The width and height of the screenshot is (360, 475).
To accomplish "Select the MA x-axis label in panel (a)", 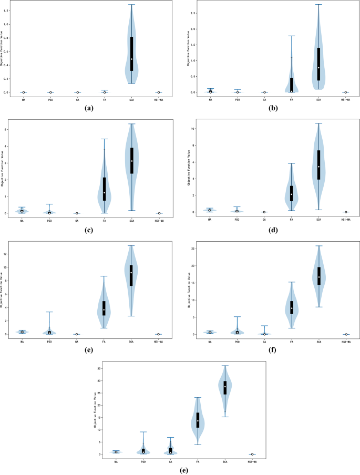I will click(23, 99).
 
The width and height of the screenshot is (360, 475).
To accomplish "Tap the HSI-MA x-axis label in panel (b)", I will click(345, 99).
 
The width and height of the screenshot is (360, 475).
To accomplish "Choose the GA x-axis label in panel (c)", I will click(77, 220).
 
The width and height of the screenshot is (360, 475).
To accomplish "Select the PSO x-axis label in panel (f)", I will click(237, 341).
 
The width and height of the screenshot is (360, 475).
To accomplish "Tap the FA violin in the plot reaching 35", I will click(198, 420).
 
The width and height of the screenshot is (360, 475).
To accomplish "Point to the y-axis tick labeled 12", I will click(6, 254).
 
